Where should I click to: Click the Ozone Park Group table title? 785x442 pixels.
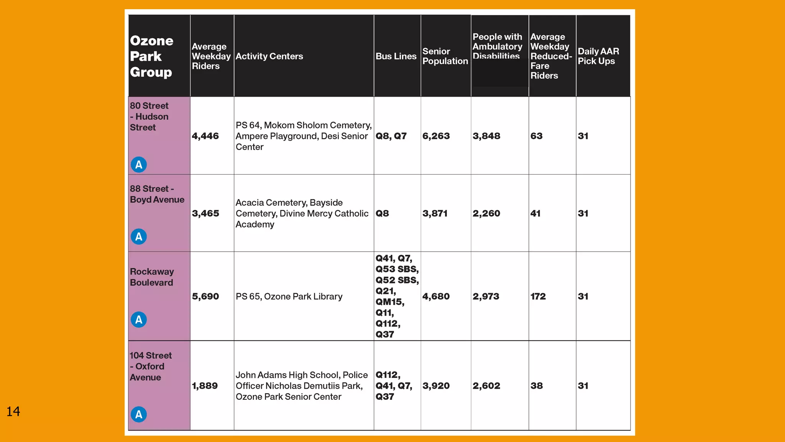(x=151, y=56)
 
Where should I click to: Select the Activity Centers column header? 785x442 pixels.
(x=269, y=56)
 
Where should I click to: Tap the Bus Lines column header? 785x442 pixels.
(x=396, y=56)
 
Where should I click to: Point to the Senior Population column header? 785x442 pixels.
(x=445, y=56)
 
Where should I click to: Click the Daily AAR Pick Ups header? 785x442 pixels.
(x=598, y=56)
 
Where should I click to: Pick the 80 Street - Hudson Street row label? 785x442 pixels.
(x=149, y=117)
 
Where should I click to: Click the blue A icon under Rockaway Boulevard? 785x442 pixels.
(x=139, y=320)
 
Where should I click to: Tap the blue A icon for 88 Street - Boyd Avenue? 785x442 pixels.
(x=139, y=237)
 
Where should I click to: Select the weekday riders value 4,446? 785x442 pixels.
(x=205, y=136)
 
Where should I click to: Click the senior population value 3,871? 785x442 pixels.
(x=435, y=214)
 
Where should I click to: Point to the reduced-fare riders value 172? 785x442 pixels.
(x=538, y=297)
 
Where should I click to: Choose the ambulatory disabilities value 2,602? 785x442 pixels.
(x=486, y=386)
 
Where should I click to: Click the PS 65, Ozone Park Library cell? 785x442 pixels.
(x=289, y=297)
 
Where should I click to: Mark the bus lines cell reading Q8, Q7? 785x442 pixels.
(x=391, y=136)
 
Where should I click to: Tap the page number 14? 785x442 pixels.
(x=13, y=411)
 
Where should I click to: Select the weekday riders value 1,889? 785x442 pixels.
(x=205, y=386)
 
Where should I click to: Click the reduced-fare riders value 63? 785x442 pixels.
(x=536, y=136)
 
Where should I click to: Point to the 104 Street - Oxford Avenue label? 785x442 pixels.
(x=150, y=366)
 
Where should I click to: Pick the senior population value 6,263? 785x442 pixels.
(x=436, y=136)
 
